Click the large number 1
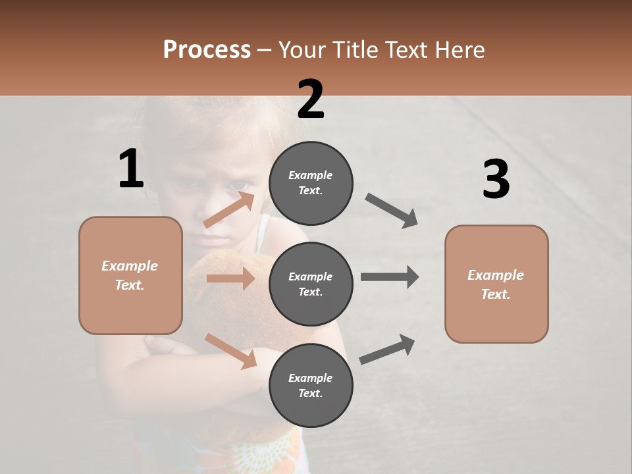click(x=131, y=169)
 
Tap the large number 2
click(x=311, y=99)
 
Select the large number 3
click(x=496, y=180)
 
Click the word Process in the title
click(x=207, y=49)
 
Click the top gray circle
click(x=311, y=183)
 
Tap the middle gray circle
click(x=311, y=284)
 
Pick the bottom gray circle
click(x=311, y=386)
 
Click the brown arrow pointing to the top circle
click(x=230, y=209)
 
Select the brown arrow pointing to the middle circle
click(x=230, y=278)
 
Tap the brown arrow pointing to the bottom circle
click(x=231, y=351)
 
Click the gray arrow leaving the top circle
click(x=392, y=211)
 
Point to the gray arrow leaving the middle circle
click(x=390, y=276)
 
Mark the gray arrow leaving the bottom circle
click(x=388, y=349)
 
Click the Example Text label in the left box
click(x=130, y=275)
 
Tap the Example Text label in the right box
click(x=496, y=284)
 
